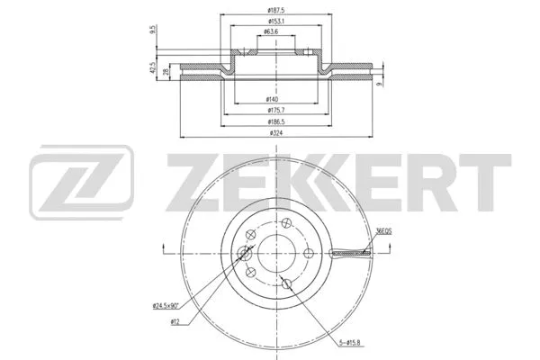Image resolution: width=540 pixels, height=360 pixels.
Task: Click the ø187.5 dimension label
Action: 270,10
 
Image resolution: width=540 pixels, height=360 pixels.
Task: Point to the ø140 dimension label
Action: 270,98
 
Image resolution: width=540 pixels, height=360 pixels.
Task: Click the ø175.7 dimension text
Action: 270,109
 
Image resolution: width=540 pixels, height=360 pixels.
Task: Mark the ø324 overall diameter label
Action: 270,133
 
